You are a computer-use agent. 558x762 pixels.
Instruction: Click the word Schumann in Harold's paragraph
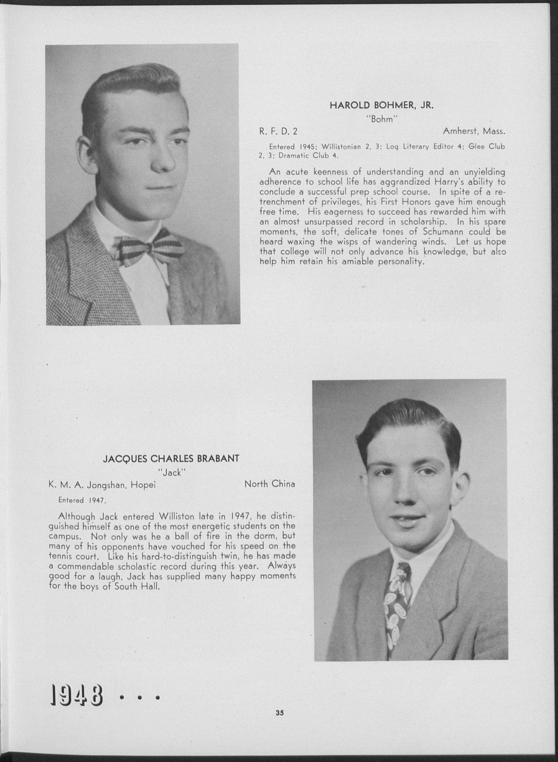coord(439,232)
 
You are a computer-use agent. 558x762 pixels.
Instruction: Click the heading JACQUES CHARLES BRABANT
coord(171,459)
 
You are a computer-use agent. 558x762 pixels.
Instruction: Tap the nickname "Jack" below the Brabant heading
coord(172,473)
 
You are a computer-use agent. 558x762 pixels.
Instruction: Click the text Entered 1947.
coord(82,500)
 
